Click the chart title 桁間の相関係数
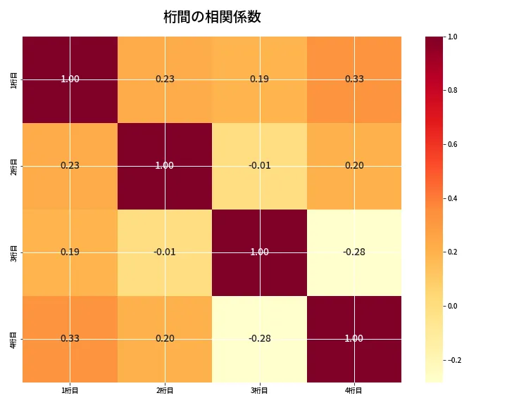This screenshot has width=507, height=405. [x=212, y=17]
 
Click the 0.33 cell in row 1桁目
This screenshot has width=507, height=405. [x=354, y=79]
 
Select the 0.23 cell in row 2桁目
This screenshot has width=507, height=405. [x=70, y=165]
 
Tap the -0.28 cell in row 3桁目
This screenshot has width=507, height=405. [x=354, y=252]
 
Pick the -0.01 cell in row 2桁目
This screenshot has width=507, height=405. [x=259, y=165]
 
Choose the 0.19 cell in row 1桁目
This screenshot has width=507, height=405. [x=259, y=79]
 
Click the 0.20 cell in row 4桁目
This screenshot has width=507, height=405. [x=165, y=338]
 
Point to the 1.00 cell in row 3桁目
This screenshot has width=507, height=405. [x=259, y=252]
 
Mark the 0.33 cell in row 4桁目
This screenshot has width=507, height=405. [x=70, y=338]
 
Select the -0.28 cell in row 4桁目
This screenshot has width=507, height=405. [x=259, y=338]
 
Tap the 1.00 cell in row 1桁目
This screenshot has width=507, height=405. [x=70, y=79]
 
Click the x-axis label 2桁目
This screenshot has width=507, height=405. [x=165, y=391]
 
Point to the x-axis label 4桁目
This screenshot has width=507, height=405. [x=354, y=391]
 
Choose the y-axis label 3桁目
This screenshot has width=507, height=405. [x=14, y=252]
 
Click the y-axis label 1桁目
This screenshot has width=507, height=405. [x=14, y=79]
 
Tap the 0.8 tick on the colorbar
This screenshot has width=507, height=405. [x=453, y=90]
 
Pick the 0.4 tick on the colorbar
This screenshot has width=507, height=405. [x=453, y=198]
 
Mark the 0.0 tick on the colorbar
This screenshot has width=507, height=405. [x=453, y=306]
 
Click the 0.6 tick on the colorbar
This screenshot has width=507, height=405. [x=453, y=144]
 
